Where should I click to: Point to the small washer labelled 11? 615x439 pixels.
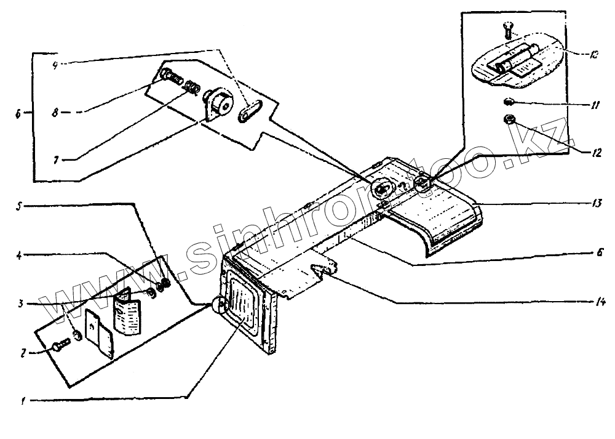click(507, 102)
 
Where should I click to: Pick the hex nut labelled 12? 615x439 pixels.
click(509, 119)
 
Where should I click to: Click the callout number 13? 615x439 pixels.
click(596, 203)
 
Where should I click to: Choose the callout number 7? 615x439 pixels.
click(55, 159)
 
